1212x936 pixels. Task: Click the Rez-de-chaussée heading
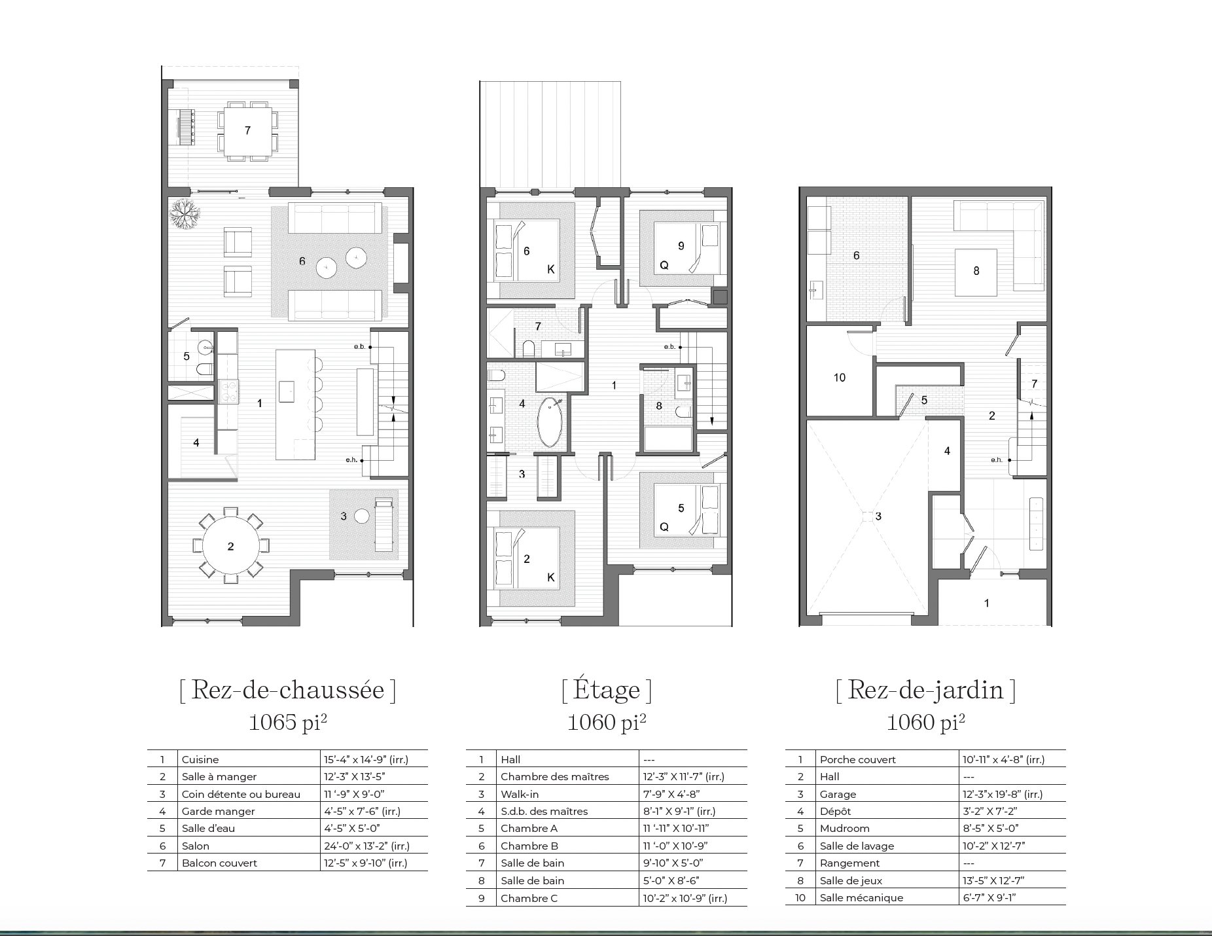pyautogui.click(x=287, y=690)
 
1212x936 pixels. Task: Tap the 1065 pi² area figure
pyautogui.click(x=287, y=722)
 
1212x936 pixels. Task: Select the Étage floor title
pyautogui.click(x=606, y=690)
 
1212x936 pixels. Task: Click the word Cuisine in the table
pyautogui.click(x=200, y=759)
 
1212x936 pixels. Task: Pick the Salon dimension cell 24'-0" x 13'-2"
pyautogui.click(x=366, y=846)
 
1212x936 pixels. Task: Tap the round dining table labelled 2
pyautogui.click(x=230, y=546)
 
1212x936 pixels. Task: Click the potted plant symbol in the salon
pyautogui.click(x=185, y=212)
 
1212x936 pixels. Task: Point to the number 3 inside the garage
pyautogui.click(x=878, y=516)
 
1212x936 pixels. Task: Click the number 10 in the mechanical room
pyautogui.click(x=840, y=378)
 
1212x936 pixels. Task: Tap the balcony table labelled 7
pyautogui.click(x=247, y=130)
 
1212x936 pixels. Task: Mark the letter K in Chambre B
pyautogui.click(x=551, y=269)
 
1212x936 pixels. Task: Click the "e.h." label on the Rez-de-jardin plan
pyautogui.click(x=996, y=459)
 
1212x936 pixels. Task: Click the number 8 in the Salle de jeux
pyautogui.click(x=976, y=271)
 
